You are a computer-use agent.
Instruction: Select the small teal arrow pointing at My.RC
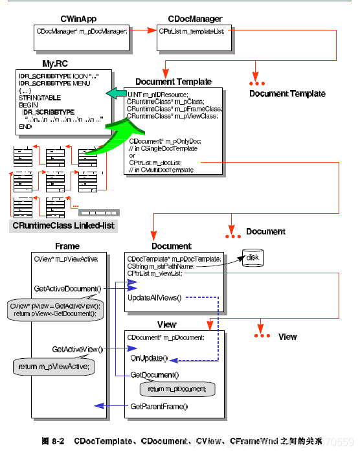[x=115, y=95]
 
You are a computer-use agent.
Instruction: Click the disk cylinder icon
[x=252, y=258]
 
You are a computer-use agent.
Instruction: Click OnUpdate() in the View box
[x=149, y=358]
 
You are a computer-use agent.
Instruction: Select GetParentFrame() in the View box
[x=159, y=406]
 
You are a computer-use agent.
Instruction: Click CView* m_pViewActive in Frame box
[x=65, y=259]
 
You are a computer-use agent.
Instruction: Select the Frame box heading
[x=67, y=246]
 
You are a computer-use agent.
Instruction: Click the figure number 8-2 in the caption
[x=55, y=441]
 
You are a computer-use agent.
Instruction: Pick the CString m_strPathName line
[x=165, y=266]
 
